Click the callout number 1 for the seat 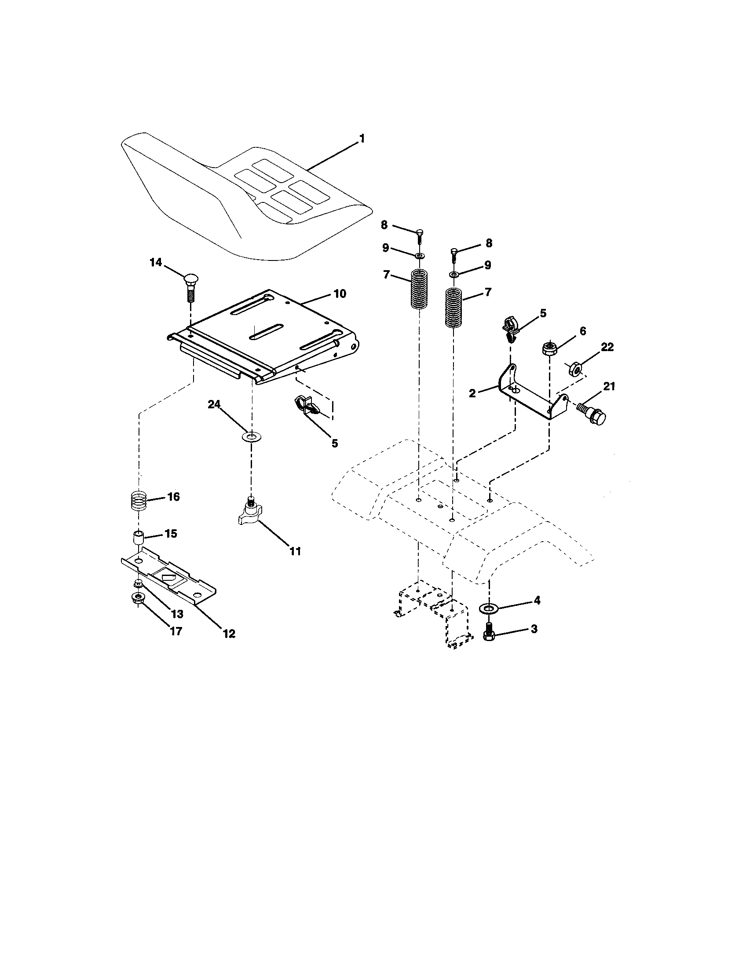(x=362, y=139)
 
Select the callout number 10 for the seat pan (x=339, y=293)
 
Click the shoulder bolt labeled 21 (x=592, y=414)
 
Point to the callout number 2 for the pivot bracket (x=472, y=392)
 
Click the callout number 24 (x=215, y=405)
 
